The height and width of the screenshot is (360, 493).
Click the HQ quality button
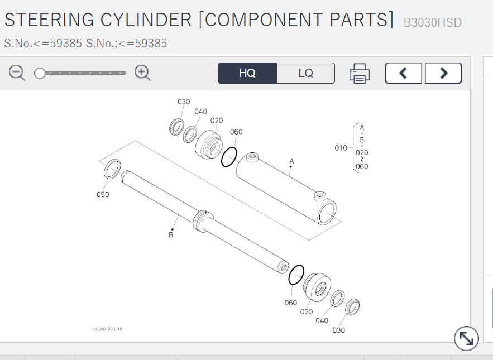[x=247, y=73]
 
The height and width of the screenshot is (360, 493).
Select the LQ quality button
[x=305, y=73]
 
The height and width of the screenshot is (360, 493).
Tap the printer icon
[x=360, y=73]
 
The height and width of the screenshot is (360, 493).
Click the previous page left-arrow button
[x=403, y=73]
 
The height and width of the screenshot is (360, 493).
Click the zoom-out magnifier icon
[x=17, y=73]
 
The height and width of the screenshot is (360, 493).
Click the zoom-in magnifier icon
[x=142, y=73]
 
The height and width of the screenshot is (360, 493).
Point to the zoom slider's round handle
[x=40, y=73]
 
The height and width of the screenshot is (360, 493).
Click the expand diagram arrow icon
[x=466, y=338]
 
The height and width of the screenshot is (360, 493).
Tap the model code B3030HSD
[x=432, y=23]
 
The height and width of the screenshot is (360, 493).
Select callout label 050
[x=103, y=195]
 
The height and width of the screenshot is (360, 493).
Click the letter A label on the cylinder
[x=291, y=161]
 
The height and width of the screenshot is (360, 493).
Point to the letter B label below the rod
[x=171, y=235]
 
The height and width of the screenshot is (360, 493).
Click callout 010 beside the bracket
[x=341, y=148]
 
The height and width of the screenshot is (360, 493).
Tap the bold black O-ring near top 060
[x=229, y=156]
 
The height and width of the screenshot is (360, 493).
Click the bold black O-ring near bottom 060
[x=296, y=274]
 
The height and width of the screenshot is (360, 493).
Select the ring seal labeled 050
[x=112, y=169]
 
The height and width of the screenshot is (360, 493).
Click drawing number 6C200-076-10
[x=108, y=329]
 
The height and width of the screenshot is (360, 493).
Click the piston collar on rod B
[x=203, y=219]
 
